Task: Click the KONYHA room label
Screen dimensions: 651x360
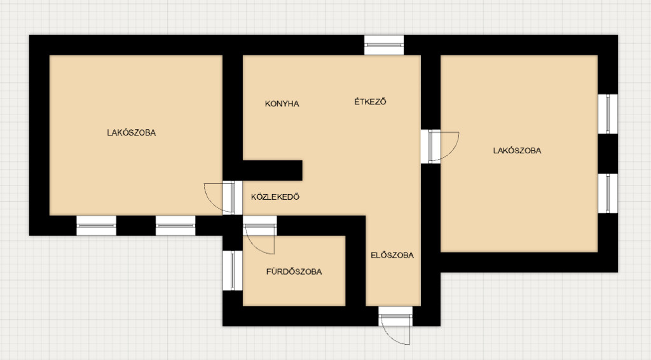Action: tap(282, 104)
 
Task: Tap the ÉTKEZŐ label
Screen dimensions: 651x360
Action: tap(371, 102)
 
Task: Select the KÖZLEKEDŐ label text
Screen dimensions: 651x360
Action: tap(275, 197)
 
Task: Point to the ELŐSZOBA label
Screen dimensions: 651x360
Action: tap(392, 255)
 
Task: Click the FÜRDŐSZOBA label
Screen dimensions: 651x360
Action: tap(294, 272)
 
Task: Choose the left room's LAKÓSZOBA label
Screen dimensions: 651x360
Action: tap(132, 133)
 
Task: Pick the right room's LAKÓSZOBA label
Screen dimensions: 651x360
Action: tap(517, 151)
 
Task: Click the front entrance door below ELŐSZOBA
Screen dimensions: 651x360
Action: tap(395, 325)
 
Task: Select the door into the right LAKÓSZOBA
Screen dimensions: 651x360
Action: tap(440, 146)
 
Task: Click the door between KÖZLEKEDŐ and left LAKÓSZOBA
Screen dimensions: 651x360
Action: tap(223, 198)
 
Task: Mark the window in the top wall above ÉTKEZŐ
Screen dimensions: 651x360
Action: tap(384, 45)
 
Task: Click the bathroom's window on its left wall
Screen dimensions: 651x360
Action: tap(233, 270)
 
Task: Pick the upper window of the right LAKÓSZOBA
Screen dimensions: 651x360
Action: tap(608, 114)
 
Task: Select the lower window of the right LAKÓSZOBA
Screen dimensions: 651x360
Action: tap(608, 193)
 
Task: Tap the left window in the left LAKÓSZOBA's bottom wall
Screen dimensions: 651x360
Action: tap(97, 225)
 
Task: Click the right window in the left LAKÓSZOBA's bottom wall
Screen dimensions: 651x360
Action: tap(175, 225)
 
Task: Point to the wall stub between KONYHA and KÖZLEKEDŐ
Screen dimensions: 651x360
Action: tap(272, 170)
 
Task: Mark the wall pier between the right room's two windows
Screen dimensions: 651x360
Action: tap(608, 154)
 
